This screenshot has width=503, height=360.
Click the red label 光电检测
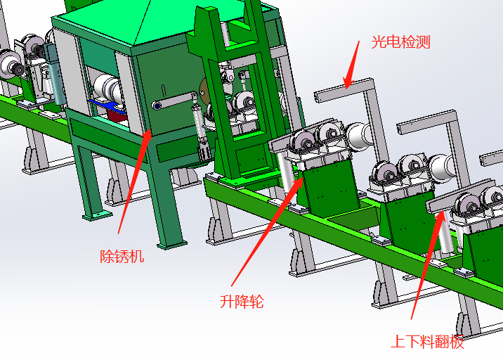coord(400,42)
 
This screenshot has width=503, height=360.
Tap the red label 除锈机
coord(122,257)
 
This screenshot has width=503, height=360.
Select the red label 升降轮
coord(242,302)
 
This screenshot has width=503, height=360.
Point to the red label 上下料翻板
coord(428,341)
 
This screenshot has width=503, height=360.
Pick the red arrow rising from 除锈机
coord(135,181)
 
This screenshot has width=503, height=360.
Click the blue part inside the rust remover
coord(105,105)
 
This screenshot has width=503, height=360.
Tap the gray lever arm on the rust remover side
coord(175,100)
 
